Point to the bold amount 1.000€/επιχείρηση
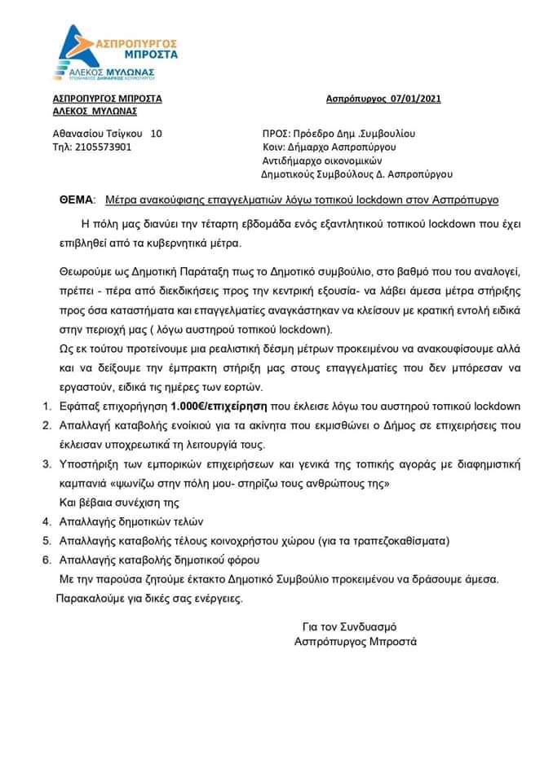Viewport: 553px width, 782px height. tap(220, 406)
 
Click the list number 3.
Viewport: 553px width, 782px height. tap(45, 464)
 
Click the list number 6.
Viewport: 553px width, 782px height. tap(45, 560)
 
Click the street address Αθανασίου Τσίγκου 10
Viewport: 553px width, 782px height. tap(102, 133)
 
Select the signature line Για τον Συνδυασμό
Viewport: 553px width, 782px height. tap(348, 626)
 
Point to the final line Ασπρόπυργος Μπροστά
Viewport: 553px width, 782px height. tap(355, 641)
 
